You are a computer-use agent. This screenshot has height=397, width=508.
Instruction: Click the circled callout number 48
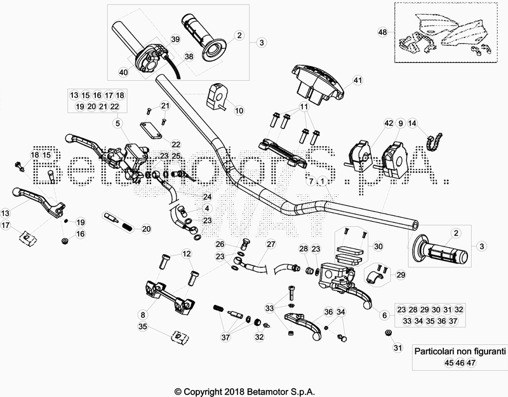382,32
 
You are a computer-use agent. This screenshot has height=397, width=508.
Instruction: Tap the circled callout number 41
357,81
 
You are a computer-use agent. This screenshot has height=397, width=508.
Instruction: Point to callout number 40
123,72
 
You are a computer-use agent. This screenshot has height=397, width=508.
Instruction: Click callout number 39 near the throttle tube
175,39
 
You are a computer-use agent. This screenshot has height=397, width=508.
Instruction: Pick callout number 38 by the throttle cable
189,57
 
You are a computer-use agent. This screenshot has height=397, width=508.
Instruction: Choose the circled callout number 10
239,111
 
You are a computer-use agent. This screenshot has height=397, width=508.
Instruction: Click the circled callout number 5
117,123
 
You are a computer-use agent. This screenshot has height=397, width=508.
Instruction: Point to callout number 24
206,197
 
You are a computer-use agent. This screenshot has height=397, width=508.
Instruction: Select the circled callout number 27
271,244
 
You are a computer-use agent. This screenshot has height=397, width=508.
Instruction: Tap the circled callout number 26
220,244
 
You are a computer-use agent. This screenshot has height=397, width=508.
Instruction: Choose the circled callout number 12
186,254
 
